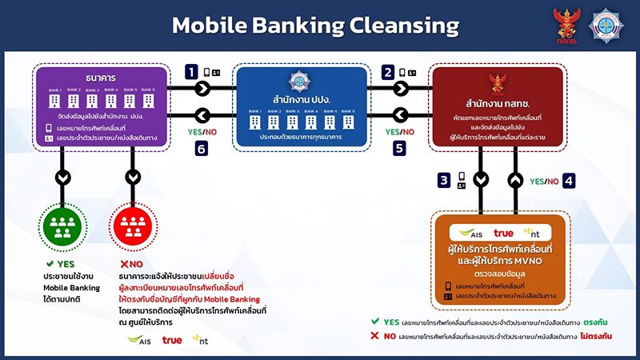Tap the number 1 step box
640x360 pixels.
coord(191,72)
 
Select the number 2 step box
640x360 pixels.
coord(389,72)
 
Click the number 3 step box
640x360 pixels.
coord(443,181)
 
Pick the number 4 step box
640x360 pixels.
coord(568,181)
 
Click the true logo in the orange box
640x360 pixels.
coord(503,233)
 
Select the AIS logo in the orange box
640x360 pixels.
coord(470,233)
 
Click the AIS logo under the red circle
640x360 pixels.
coord(139,340)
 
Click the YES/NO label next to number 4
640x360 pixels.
coord(544,182)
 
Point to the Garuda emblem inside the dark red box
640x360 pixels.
coord(498,83)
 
